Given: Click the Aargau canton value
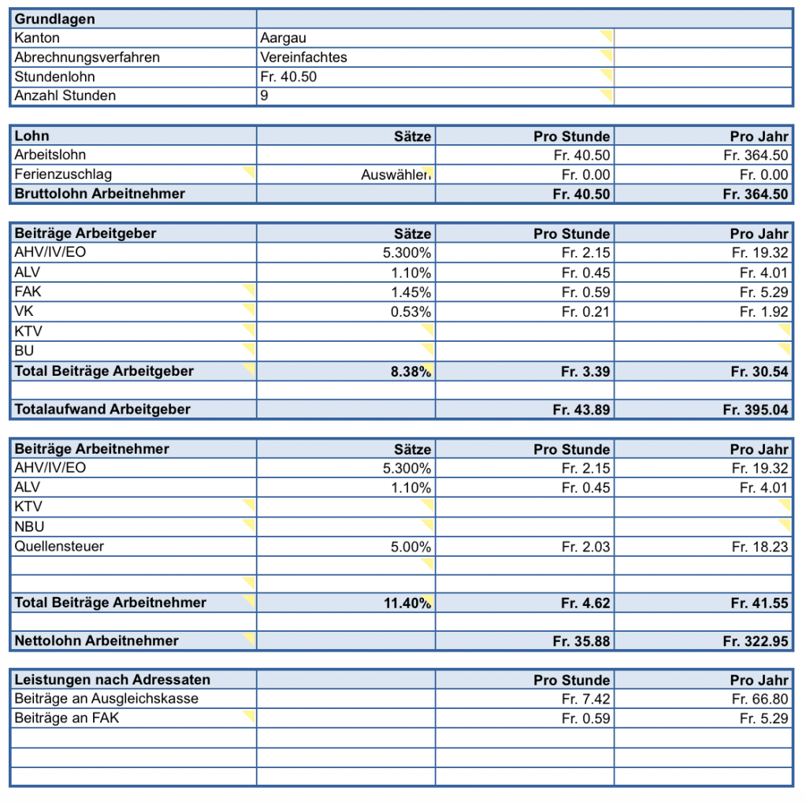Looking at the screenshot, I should point(283,38).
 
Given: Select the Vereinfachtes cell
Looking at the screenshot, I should point(303,58).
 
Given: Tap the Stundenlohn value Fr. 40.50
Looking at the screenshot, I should point(288,77).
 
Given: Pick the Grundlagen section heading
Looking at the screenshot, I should point(54,19).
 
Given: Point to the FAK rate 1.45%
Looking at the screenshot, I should point(411,292).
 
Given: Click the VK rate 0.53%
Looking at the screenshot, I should point(411,312).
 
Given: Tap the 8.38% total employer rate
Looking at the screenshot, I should point(411,371).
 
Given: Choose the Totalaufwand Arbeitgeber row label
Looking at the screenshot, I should point(102,409).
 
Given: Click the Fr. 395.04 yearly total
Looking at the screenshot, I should point(755,410).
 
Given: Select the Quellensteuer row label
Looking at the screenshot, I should point(59,546).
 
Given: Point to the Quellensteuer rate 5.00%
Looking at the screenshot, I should point(411,547).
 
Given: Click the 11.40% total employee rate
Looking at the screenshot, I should point(409,603).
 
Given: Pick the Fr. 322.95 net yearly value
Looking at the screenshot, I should point(755,641).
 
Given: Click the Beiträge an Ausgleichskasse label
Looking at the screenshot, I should point(106,699).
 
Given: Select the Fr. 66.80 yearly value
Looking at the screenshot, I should point(760,699).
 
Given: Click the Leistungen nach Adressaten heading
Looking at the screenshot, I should point(113,679).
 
